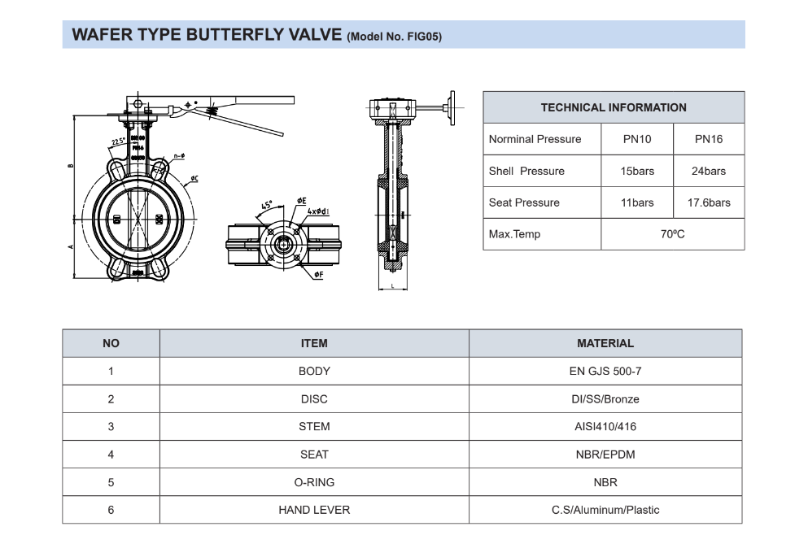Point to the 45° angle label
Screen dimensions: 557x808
click(267, 206)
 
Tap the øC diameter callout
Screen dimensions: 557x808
click(195, 178)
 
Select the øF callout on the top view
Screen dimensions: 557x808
click(318, 275)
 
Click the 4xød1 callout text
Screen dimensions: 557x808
click(318, 211)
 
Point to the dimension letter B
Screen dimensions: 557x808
click(70, 165)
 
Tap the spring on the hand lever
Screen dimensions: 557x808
click(210, 106)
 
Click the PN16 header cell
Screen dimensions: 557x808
click(708, 139)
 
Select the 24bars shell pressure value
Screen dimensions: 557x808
click(708, 171)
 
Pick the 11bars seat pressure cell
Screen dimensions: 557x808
click(637, 202)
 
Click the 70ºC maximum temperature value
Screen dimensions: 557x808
click(672, 234)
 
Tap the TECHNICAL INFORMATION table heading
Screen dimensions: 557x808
click(614, 107)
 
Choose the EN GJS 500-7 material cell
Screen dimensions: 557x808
click(605, 371)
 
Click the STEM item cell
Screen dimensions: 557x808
click(314, 426)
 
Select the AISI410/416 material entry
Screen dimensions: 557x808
click(605, 426)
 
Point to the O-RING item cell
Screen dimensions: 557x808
click(314, 482)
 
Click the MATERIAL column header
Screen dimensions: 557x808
click(605, 343)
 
